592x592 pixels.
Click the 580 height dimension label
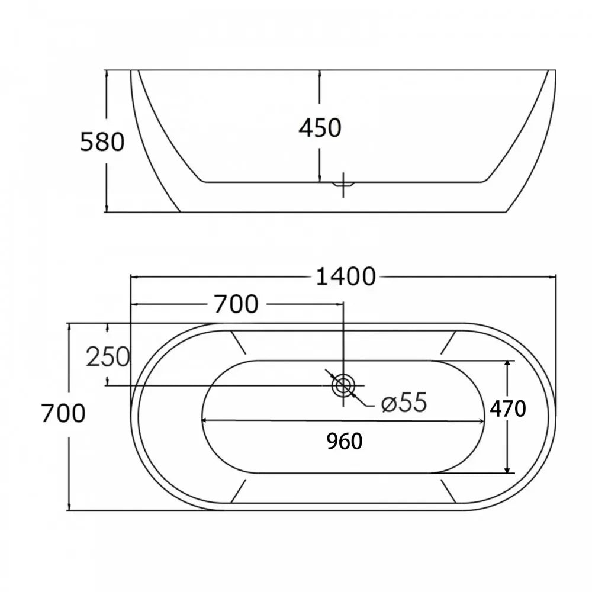point(102,142)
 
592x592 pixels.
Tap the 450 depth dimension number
point(320,128)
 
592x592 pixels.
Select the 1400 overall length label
point(346,276)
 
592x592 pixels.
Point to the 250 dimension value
point(108,357)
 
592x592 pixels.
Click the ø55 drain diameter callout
point(404,403)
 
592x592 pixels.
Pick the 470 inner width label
point(508,408)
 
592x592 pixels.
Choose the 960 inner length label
point(345,441)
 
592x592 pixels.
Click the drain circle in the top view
point(343,385)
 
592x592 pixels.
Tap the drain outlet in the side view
point(343,185)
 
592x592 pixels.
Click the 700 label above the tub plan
point(236,304)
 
